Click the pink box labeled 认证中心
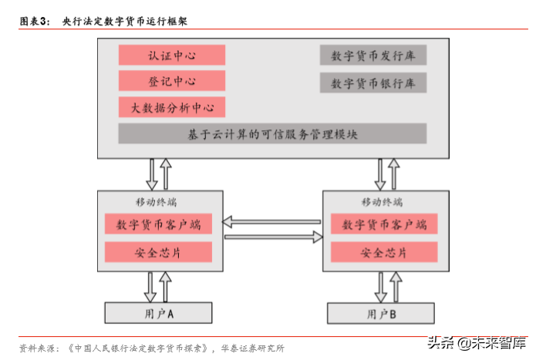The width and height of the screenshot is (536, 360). (x=172, y=55)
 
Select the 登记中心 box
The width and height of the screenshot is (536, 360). (x=172, y=81)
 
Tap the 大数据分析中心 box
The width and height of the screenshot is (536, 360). (x=172, y=107)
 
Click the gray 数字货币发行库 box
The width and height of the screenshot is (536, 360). (x=373, y=56)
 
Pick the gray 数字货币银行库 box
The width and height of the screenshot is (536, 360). (x=373, y=82)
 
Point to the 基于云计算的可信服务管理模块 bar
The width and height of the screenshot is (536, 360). (x=272, y=134)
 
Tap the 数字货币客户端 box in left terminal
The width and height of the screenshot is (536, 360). (x=158, y=224)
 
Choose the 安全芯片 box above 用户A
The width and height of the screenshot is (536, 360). (x=158, y=252)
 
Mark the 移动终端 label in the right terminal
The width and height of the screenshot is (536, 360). (x=382, y=202)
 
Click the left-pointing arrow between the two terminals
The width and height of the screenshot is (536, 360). (x=272, y=223)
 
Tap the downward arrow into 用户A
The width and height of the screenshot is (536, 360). (x=150, y=288)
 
